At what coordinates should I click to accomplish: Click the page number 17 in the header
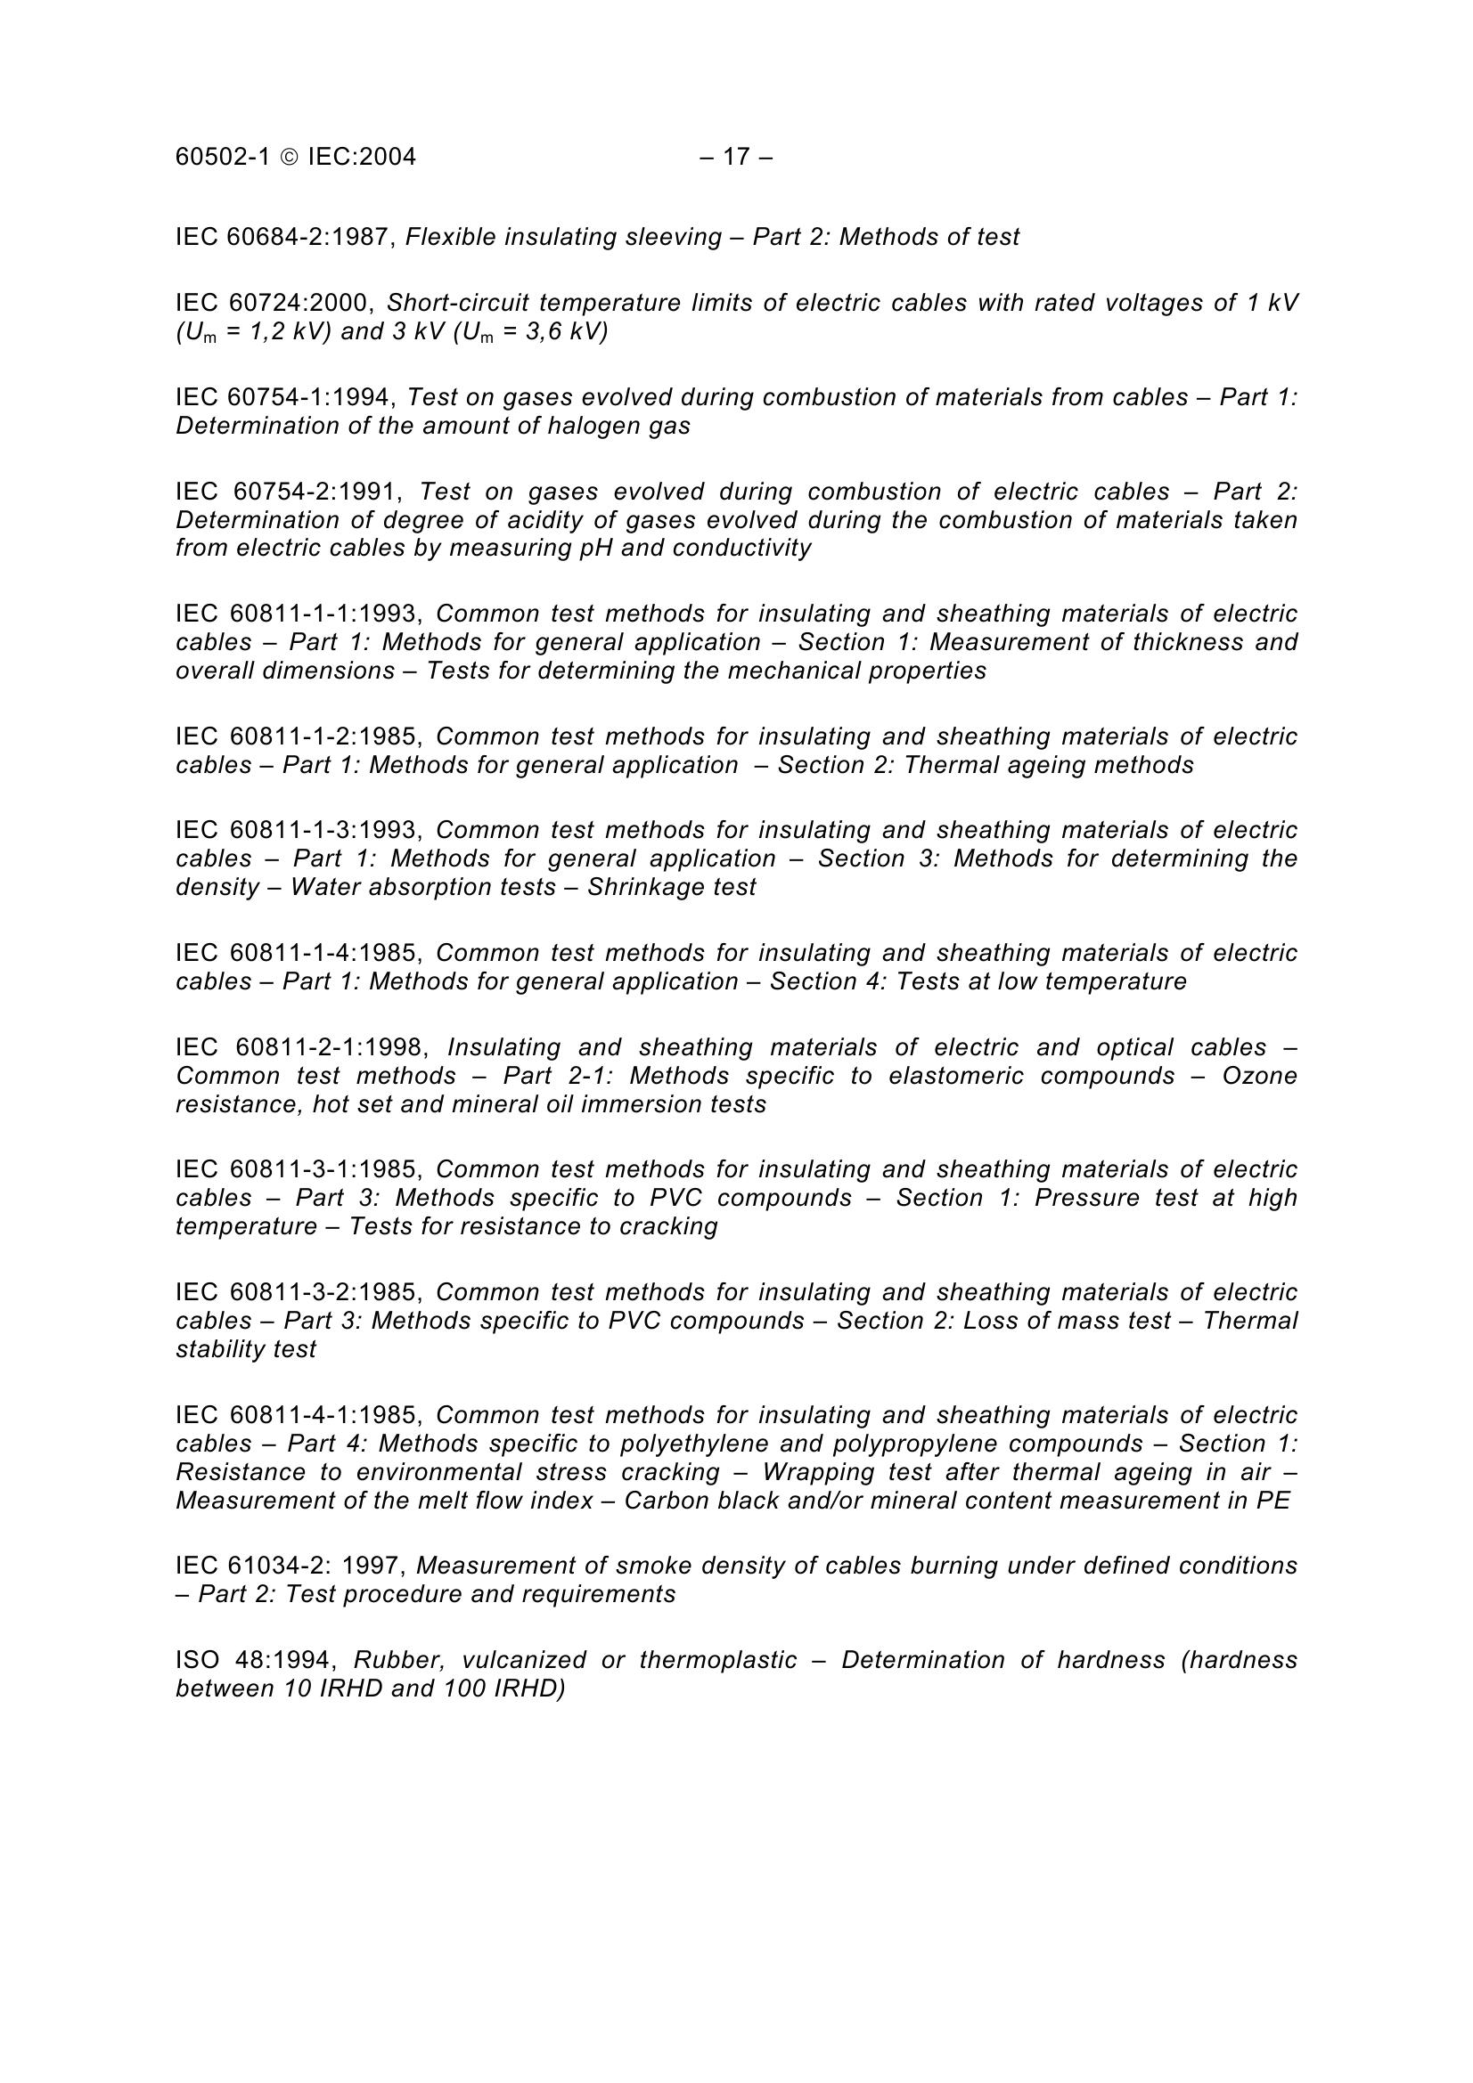point(736,157)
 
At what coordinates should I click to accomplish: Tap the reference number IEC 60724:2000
point(274,303)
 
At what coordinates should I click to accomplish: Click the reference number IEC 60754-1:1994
point(285,397)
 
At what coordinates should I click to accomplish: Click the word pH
point(595,548)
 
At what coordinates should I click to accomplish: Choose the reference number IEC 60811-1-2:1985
point(298,736)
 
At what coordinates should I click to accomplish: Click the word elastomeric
point(962,1075)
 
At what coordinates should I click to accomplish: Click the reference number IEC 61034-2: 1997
point(294,1566)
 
